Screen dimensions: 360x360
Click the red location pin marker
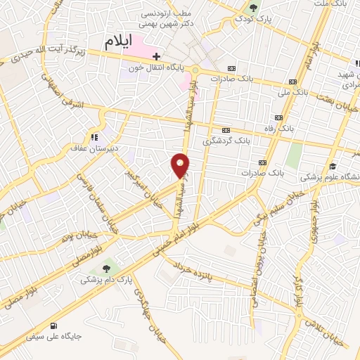pyautogui.click(x=180, y=166)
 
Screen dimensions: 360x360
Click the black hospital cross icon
pyautogui.click(x=156, y=56)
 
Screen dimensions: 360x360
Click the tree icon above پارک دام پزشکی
pyautogui.click(x=106, y=267)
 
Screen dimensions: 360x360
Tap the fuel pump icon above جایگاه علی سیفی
pyautogui.click(x=54, y=325)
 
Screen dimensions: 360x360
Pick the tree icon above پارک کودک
pyautogui.click(x=254, y=8)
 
